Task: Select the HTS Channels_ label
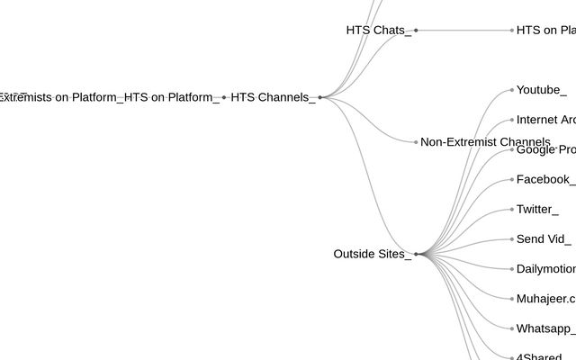pyautogui.click(x=273, y=97)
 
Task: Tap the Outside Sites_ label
pyautogui.click(x=372, y=255)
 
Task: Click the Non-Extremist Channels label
pyautogui.click(x=485, y=142)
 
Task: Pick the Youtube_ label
pyautogui.click(x=541, y=90)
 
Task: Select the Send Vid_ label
pyautogui.click(x=543, y=239)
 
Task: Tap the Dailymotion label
pyautogui.click(x=545, y=269)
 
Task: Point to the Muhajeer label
pyautogui.click(x=545, y=299)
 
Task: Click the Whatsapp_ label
pyautogui.click(x=545, y=328)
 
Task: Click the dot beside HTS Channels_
pyautogui.click(x=319, y=97)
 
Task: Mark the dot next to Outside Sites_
pyautogui.click(x=416, y=255)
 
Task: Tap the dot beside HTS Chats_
pyautogui.click(x=416, y=31)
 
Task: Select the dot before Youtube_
pyautogui.click(x=511, y=90)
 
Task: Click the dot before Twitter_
pyautogui.click(x=511, y=210)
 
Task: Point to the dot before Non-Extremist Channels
pyautogui.click(x=416, y=142)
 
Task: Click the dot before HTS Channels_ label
pyautogui.click(x=224, y=97)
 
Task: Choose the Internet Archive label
pyautogui.click(x=545, y=120)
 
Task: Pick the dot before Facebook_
pyautogui.click(x=511, y=180)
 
